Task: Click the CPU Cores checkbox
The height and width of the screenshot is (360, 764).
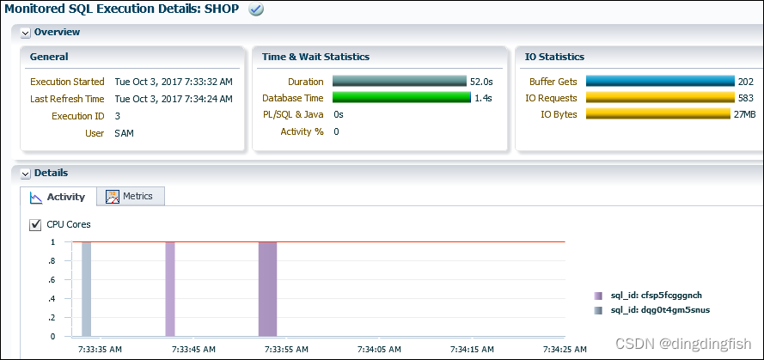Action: [35, 225]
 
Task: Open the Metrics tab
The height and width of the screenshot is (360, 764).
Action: [130, 196]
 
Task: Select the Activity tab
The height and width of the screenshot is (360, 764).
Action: [58, 197]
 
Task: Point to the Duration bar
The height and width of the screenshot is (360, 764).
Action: [399, 82]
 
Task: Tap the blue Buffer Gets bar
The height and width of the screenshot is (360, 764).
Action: [659, 82]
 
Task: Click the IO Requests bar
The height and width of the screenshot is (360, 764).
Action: [659, 98]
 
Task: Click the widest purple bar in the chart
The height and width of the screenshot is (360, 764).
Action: [267, 289]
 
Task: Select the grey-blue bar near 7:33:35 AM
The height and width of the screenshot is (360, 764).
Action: [86, 289]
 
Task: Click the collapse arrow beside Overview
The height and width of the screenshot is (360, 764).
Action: [26, 33]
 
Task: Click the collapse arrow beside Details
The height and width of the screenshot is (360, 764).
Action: [26, 174]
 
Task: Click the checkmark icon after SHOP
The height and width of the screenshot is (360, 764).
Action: [255, 9]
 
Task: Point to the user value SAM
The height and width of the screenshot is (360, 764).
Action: [124, 133]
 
